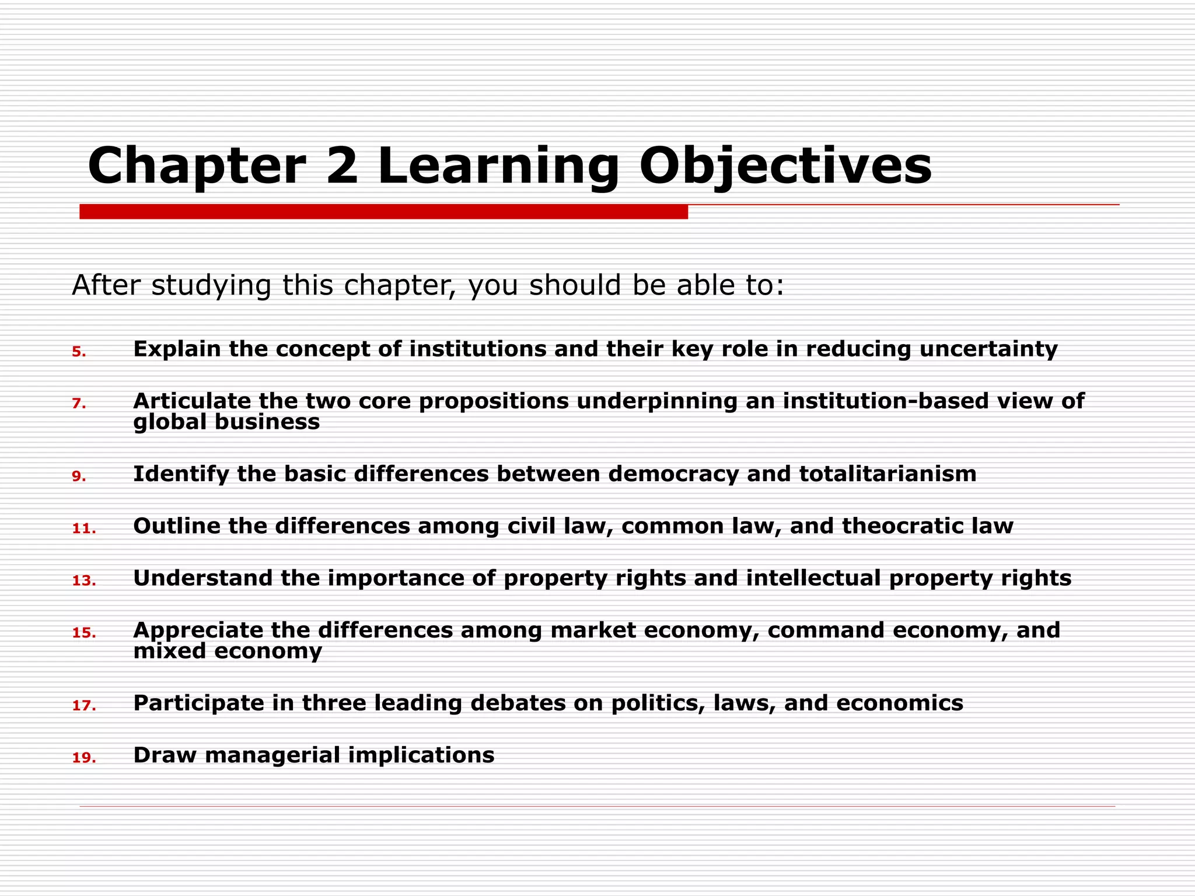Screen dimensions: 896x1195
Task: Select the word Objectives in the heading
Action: tap(785, 167)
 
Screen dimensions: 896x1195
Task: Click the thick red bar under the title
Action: tap(383, 212)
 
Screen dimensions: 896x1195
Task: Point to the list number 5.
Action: tap(79, 352)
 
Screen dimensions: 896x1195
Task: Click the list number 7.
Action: tap(79, 404)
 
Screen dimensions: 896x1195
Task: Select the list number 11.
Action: tap(83, 528)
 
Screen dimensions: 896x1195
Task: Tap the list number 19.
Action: tap(83, 758)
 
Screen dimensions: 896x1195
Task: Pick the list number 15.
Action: tap(83, 633)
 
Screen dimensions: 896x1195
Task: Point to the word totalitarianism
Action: tap(887, 474)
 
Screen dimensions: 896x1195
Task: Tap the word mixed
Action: tap(170, 651)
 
